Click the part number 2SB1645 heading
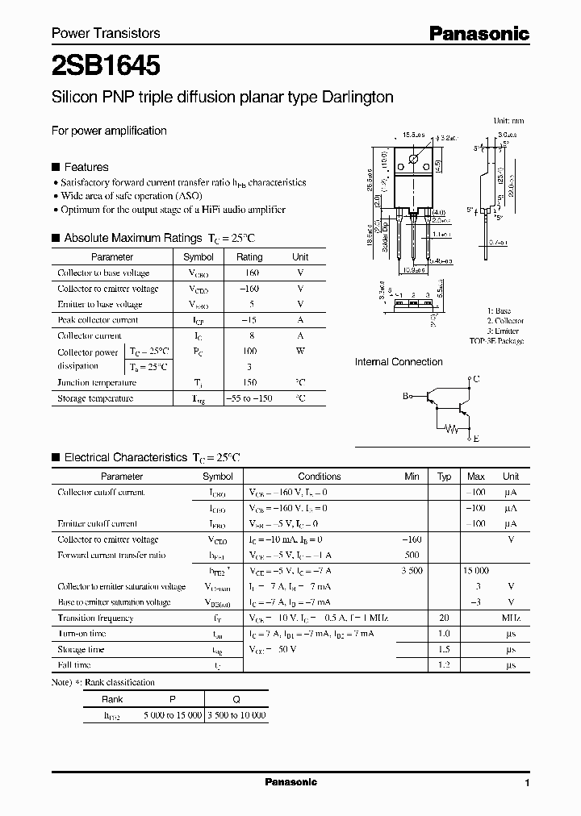click(105, 64)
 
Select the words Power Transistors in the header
click(106, 33)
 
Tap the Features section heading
click(86, 167)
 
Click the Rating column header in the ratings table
click(249, 257)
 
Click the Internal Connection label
click(399, 362)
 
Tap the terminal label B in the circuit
click(406, 396)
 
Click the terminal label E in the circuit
click(476, 439)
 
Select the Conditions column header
click(320, 477)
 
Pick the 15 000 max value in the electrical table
click(475, 571)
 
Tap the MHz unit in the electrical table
click(510, 618)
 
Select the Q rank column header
click(236, 700)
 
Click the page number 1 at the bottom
click(527, 783)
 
